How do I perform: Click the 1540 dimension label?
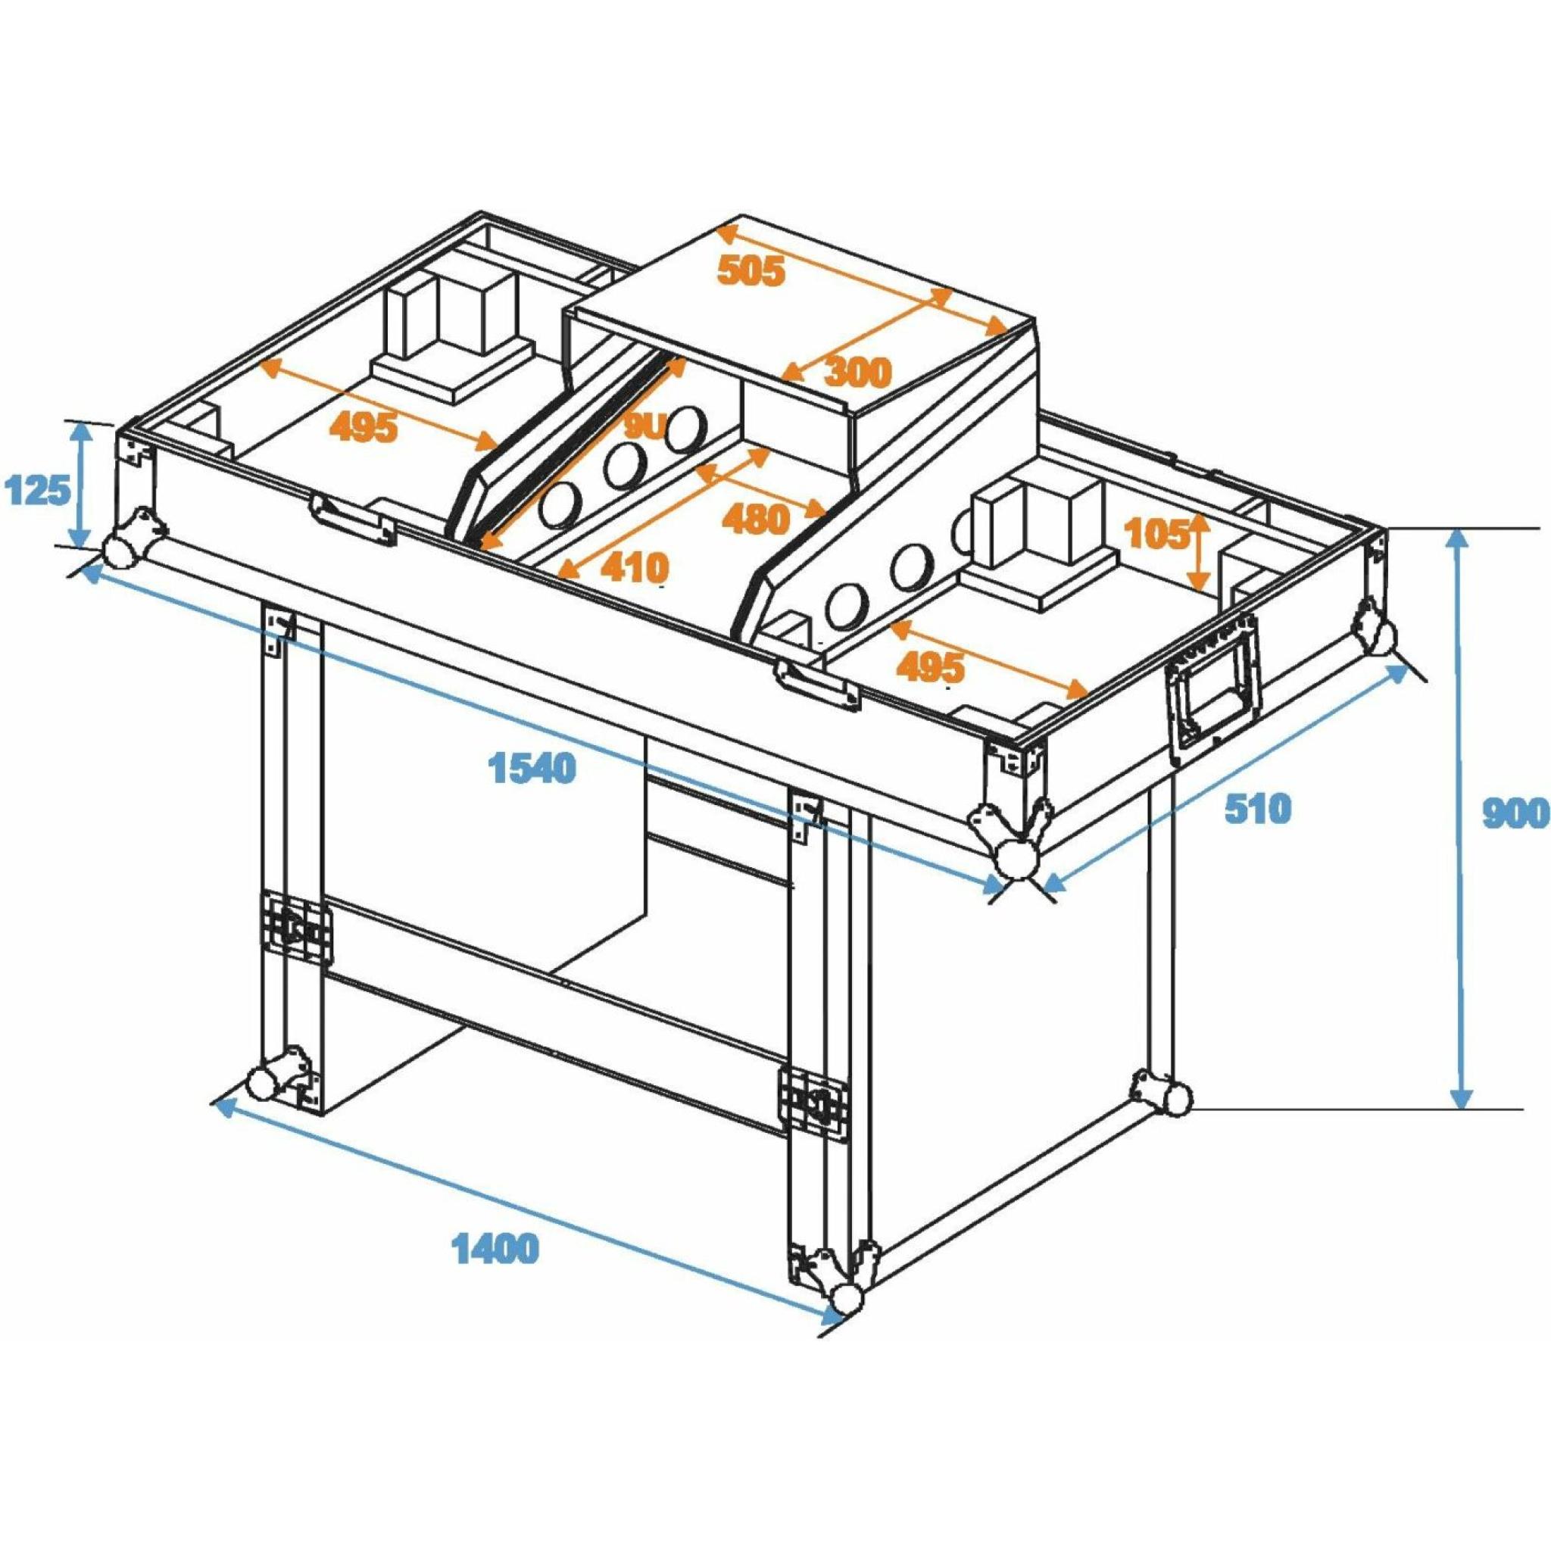[x=532, y=768]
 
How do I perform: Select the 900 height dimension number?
[x=1513, y=815]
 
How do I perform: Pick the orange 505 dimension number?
[x=750, y=271]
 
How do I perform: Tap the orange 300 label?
[x=857, y=372]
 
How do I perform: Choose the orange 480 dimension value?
[x=755, y=520]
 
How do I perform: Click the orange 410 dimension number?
[x=634, y=569]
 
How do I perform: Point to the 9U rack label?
[x=644, y=429]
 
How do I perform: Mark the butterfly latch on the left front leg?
[x=295, y=927]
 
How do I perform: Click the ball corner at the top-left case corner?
[x=120, y=551]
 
